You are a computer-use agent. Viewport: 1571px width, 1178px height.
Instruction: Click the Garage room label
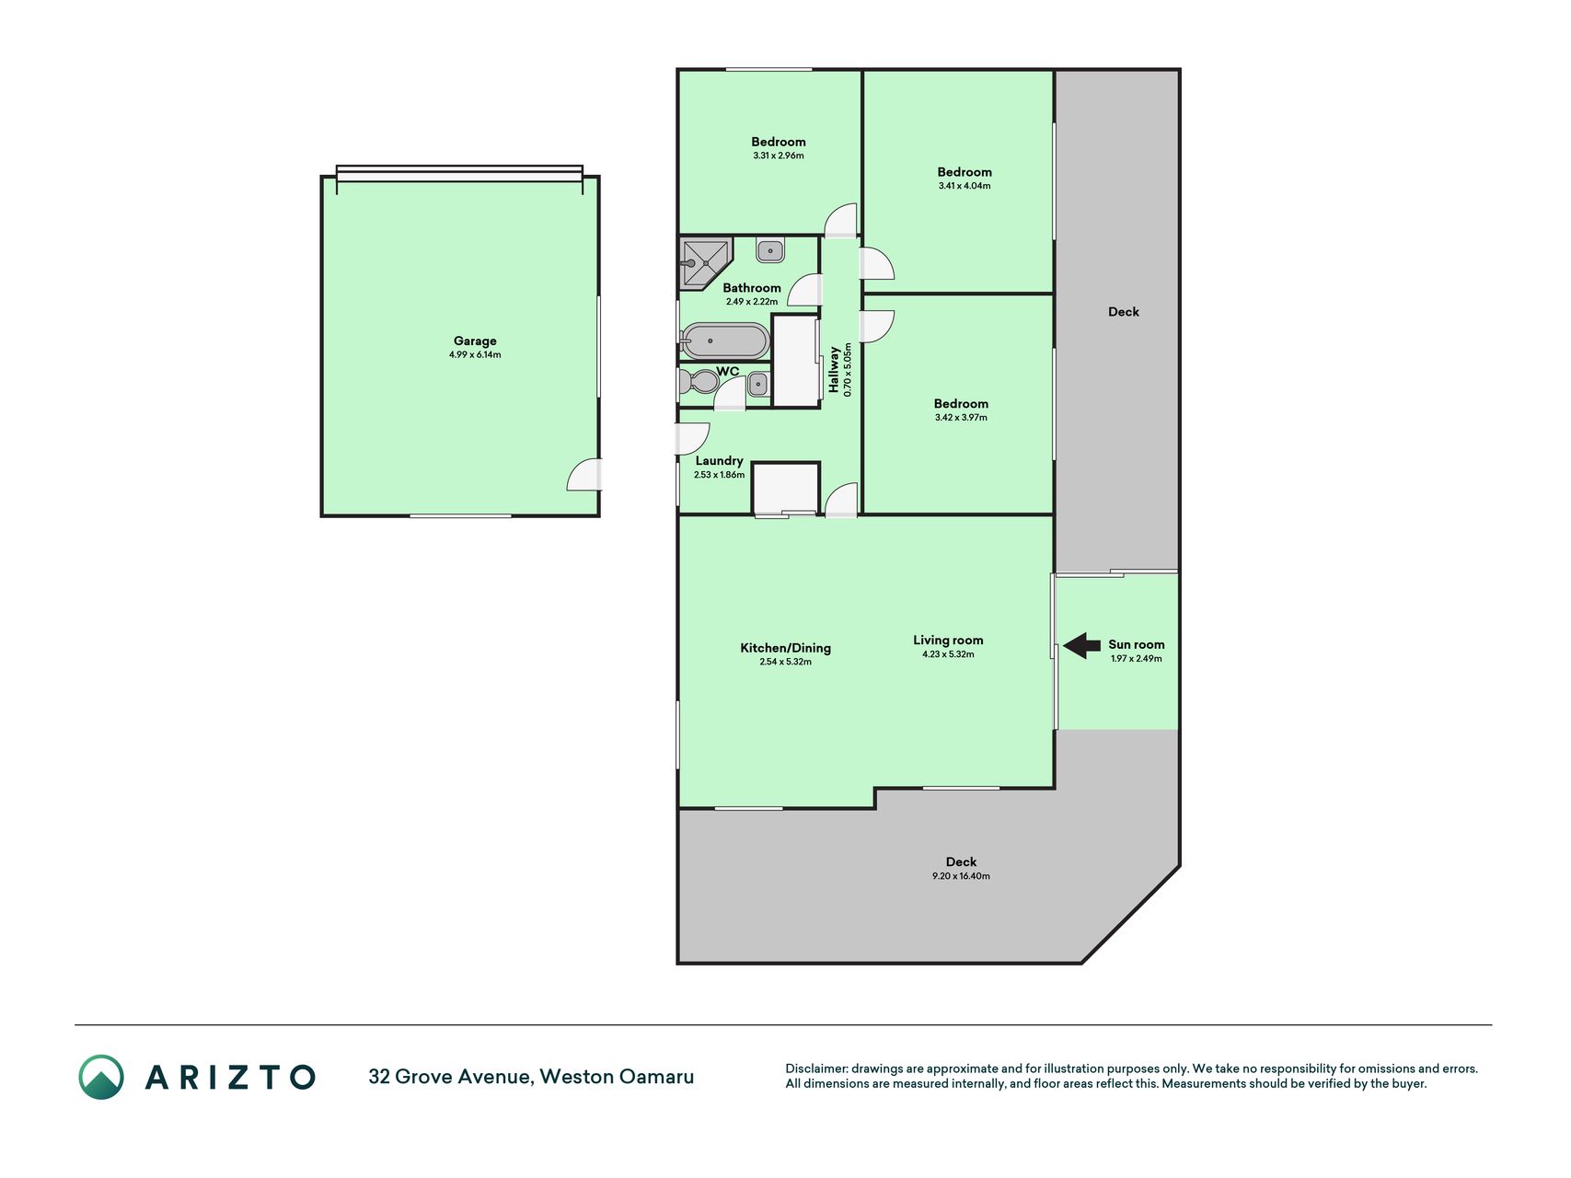tap(475, 341)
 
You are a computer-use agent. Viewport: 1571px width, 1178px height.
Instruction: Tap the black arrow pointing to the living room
tap(1082, 646)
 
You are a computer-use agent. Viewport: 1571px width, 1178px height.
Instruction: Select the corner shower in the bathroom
tap(705, 263)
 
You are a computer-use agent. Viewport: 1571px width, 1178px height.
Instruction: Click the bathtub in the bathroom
tap(725, 341)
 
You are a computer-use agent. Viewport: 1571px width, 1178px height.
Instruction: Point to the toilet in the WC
tap(697, 381)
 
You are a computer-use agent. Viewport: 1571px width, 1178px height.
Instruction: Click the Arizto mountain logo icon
tap(101, 1077)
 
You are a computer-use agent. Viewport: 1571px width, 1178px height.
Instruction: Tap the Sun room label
tap(1137, 644)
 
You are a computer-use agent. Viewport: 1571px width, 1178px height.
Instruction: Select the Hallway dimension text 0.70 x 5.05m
tap(848, 370)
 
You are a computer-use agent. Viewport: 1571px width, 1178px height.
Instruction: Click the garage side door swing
tap(583, 474)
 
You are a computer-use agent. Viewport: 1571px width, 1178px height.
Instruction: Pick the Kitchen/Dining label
tap(786, 648)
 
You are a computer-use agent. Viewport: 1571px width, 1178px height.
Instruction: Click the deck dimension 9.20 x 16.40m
tap(961, 876)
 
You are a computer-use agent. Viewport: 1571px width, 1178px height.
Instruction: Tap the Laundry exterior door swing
tap(693, 439)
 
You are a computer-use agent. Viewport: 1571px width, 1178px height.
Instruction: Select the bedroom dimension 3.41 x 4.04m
tap(965, 186)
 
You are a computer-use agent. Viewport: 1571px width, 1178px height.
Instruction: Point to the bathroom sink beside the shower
tap(770, 249)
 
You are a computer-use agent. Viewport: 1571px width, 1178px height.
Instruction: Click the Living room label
tap(948, 640)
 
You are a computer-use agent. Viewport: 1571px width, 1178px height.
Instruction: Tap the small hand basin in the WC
tap(758, 383)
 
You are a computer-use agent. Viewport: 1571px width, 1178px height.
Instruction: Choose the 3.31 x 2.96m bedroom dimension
tap(779, 156)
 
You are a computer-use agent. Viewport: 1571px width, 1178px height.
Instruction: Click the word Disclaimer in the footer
tap(815, 1068)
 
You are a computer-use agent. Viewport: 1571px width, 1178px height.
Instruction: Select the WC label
tap(728, 371)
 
